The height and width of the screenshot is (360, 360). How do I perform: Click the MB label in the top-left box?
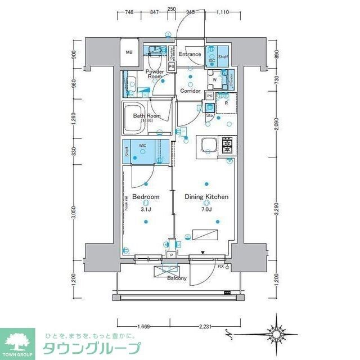tap(129, 53)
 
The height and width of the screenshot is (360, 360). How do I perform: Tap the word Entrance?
tap(190, 54)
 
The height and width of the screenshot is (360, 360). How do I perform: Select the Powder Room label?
tap(155, 74)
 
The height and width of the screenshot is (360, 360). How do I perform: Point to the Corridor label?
tap(191, 91)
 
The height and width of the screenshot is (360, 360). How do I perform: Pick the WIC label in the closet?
tap(143, 145)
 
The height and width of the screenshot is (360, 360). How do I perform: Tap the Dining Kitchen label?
tap(206, 197)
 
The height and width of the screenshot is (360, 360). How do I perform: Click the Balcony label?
tap(177, 278)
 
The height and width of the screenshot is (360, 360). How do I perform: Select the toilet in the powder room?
tap(155, 52)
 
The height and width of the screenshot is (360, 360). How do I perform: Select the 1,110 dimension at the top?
tap(223, 11)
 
